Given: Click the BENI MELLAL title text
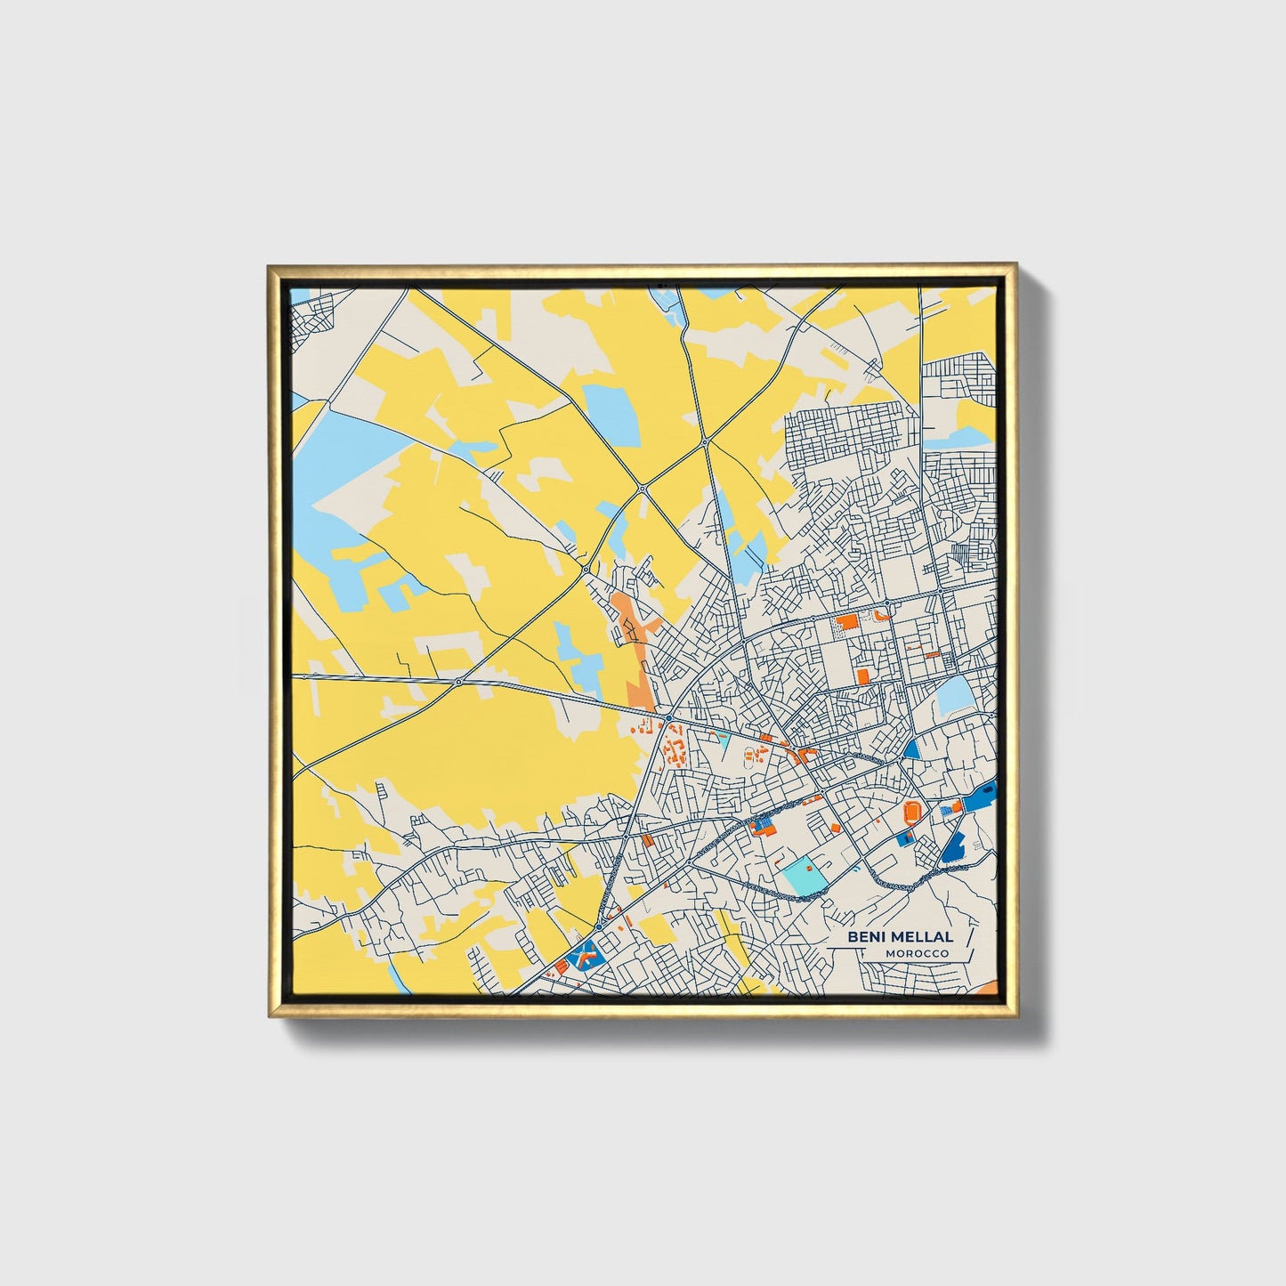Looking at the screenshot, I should pyautogui.click(x=900, y=936).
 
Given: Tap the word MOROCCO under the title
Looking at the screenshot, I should pyautogui.click(x=917, y=953).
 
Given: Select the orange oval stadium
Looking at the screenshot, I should pyautogui.click(x=913, y=811).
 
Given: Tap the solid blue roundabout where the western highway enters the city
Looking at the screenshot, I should pyautogui.click(x=668, y=717).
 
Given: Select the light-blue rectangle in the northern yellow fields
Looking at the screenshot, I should pyautogui.click(x=611, y=415).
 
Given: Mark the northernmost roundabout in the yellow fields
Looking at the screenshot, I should pyautogui.click(x=704, y=441).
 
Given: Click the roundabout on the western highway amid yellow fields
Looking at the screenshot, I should pyautogui.click(x=458, y=683).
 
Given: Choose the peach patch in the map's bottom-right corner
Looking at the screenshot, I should pyautogui.click(x=988, y=990).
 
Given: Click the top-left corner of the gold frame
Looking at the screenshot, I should pyautogui.click(x=270, y=266).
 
